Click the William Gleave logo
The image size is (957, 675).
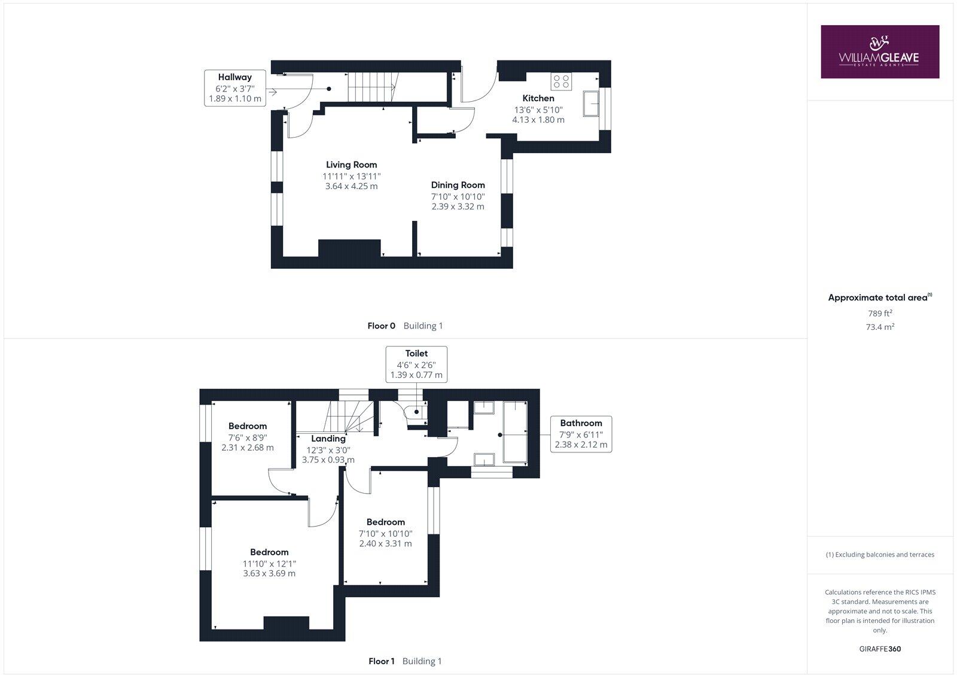pos(879,51)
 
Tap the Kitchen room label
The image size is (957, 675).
pos(538,98)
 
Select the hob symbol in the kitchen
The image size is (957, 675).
pos(561,81)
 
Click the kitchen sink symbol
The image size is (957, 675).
pos(592,104)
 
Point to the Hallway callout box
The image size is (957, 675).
pos(235,88)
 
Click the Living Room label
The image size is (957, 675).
pos(351,165)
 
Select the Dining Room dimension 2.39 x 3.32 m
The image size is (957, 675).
pos(458,206)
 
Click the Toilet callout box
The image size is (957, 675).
pos(416,364)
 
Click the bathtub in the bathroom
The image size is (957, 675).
pos(515,432)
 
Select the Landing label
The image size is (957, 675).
pos(328,439)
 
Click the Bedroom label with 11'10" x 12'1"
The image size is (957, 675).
pos(269,552)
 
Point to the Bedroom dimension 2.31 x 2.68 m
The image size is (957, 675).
pos(247,448)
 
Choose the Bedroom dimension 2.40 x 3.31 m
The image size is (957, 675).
pos(385,544)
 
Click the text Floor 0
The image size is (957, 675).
pos(381,326)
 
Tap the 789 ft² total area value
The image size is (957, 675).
pos(880,313)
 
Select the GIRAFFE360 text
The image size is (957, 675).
pos(880,649)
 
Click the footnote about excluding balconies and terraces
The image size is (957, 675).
pos(880,555)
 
